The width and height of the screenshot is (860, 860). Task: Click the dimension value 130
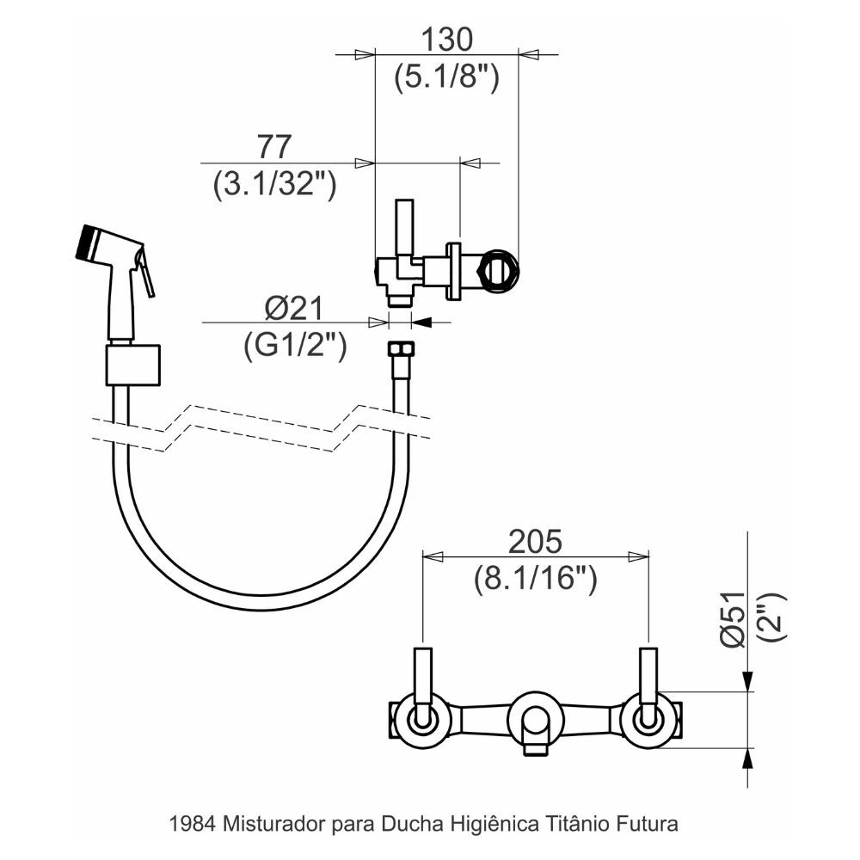446,40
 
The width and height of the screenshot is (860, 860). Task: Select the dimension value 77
274,146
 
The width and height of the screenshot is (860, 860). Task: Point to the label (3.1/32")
274,184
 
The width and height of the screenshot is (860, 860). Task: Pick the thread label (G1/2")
295,346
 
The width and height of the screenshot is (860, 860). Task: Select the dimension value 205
534,541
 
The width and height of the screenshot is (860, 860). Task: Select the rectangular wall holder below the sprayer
133,365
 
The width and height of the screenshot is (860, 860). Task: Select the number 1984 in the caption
195,823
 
